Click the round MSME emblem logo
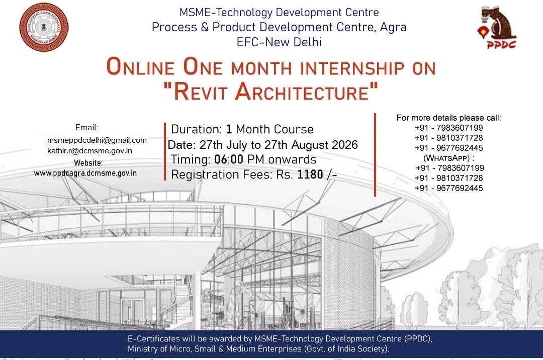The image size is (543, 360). (44, 27)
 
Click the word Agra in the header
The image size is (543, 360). (393, 27)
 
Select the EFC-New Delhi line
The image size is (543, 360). (279, 42)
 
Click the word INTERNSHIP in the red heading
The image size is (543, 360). (352, 68)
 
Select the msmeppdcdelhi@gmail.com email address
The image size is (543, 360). (97, 140)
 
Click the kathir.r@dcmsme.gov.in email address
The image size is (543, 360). (89, 151)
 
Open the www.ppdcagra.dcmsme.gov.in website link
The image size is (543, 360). (85, 173)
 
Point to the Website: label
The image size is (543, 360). (88, 163)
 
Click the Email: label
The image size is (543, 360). (87, 127)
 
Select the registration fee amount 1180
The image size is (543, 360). (310, 174)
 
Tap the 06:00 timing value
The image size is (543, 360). (229, 159)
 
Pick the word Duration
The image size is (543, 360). (197, 129)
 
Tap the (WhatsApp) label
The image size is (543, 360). (449, 158)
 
